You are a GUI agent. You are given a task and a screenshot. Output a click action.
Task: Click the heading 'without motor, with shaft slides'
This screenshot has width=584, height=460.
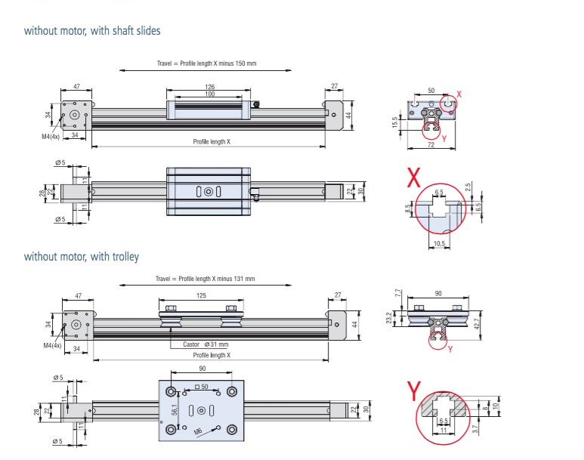92,31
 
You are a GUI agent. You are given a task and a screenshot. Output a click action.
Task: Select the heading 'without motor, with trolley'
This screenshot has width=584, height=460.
81,257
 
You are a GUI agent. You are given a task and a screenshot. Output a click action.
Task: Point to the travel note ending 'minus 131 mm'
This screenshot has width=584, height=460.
205,279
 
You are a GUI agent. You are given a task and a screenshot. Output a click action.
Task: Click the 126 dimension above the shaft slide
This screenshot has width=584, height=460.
209,87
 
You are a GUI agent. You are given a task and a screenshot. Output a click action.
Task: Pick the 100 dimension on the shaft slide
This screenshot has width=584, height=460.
209,94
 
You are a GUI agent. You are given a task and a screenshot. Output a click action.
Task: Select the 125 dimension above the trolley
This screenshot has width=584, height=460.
200,297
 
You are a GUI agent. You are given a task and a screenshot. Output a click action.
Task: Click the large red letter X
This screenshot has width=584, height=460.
413,178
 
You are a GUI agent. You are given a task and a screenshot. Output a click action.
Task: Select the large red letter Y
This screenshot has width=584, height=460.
413,390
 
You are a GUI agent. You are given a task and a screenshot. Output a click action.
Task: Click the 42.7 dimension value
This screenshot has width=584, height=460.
476,323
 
